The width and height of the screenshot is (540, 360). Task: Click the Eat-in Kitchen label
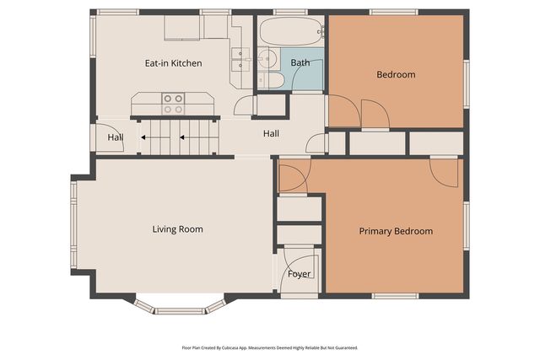(x=173, y=63)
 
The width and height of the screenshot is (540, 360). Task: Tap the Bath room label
(x=300, y=63)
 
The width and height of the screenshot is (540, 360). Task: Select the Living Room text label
(x=177, y=229)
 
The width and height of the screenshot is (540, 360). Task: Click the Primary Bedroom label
(x=396, y=231)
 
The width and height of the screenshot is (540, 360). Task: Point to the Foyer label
(x=300, y=274)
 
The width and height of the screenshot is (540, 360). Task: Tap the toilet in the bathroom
(x=272, y=79)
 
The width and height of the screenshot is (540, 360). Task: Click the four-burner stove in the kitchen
(x=174, y=104)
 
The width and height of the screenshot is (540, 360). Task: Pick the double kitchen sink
(x=240, y=57)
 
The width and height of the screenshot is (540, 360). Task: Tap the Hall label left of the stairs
(x=115, y=138)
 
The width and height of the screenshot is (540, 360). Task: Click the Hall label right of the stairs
(x=271, y=133)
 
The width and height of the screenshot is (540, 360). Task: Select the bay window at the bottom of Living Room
(x=180, y=305)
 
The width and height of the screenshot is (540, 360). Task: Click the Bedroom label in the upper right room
(x=396, y=74)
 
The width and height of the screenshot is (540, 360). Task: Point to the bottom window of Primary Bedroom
(x=395, y=295)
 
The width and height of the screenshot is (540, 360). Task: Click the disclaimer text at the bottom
(x=270, y=347)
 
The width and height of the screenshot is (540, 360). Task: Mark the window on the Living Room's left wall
(x=73, y=224)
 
